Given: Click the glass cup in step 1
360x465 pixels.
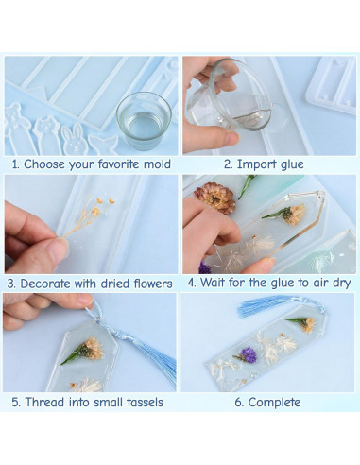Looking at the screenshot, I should pyautogui.click(x=142, y=120).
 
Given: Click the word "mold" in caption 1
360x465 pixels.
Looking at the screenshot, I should pyautogui.click(x=156, y=164).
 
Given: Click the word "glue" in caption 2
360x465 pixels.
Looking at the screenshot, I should pyautogui.click(x=289, y=164).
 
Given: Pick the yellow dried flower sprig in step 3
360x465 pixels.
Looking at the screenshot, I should pyautogui.click(x=91, y=213).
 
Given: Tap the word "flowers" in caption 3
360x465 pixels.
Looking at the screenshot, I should pyautogui.click(x=149, y=283).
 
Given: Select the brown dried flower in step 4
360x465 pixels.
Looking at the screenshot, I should pyautogui.click(x=216, y=198).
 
